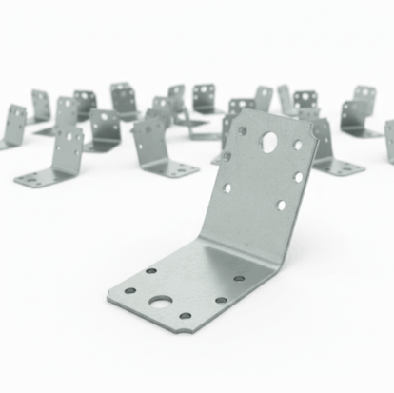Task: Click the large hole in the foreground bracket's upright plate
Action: point(270,143)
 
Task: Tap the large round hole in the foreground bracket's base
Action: point(161,302)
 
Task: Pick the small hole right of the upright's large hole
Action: point(297,146)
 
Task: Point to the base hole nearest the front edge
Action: point(185,316)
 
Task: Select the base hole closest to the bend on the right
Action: point(239,278)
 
